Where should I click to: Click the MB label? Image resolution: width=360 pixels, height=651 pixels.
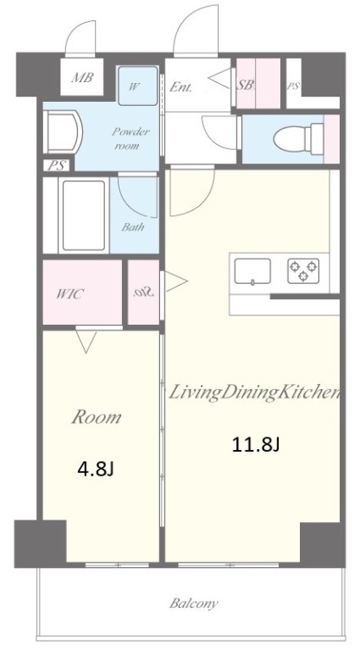tap(82, 78)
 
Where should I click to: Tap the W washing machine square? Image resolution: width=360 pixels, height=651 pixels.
tap(138, 86)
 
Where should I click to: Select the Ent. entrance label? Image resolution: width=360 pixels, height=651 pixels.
tap(180, 87)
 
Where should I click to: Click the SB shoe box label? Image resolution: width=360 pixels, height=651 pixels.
tap(245, 85)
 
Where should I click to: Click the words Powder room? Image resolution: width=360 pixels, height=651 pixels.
tap(130, 139)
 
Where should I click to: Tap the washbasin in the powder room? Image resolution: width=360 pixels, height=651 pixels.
tap(63, 132)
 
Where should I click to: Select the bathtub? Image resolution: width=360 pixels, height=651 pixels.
tap(83, 215)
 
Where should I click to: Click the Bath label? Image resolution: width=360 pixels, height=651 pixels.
tap(133, 227)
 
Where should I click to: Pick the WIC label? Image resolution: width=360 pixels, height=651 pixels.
tap(69, 294)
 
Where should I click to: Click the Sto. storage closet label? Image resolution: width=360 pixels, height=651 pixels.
tap(144, 292)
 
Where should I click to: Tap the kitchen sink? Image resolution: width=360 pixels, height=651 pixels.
tap(252, 271)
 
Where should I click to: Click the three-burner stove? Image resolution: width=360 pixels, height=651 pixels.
tap(303, 270)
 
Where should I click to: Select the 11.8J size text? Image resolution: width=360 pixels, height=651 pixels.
tap(256, 445)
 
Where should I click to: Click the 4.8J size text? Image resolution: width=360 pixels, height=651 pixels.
tap(96, 469)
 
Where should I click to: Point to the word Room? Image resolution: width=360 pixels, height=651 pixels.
tap(97, 417)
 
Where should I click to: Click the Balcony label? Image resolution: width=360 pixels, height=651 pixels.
tap(194, 603)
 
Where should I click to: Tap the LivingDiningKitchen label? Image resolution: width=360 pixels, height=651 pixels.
tap(253, 393)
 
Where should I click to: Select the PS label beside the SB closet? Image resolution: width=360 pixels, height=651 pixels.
tap(293, 86)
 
